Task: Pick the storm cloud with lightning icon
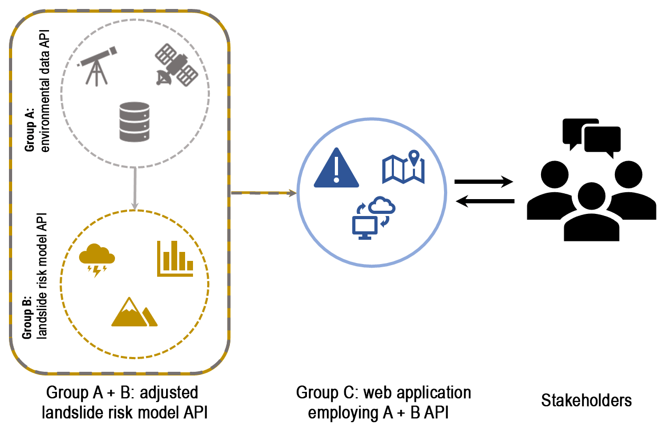click(96, 259)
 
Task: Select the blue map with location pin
click(403, 167)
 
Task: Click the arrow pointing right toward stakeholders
click(484, 182)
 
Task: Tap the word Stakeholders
click(586, 400)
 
